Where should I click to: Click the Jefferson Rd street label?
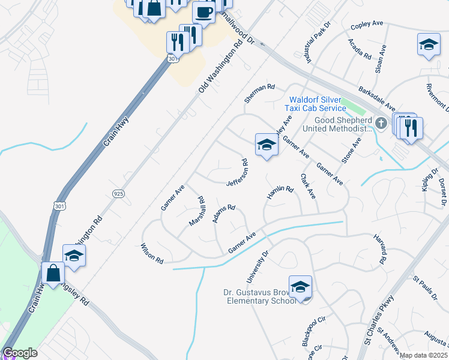[237, 172]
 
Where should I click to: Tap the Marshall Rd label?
[198, 211]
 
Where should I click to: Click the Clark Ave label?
[308, 186]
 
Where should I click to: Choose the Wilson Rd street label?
[152, 254]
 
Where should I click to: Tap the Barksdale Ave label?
[376, 98]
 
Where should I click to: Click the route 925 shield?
[118, 192]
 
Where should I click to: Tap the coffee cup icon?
[204, 13]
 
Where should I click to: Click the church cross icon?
[381, 123]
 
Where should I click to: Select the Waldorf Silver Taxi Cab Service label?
[318, 104]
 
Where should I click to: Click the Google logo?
[20, 353]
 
